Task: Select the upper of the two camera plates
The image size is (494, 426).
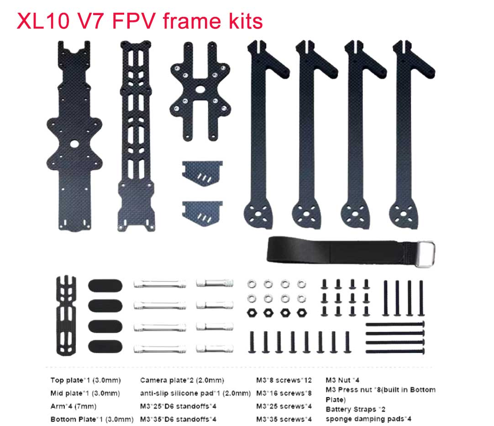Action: pos(202,173)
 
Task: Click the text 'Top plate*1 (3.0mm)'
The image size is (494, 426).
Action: pos(85,380)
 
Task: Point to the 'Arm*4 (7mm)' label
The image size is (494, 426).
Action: pos(74,406)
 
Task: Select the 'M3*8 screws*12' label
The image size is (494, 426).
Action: pos(284,380)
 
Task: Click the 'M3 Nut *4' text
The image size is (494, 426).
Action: pos(342,380)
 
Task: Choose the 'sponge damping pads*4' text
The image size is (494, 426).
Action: pos(368,419)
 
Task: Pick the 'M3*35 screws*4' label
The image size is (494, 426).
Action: pos(284,419)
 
